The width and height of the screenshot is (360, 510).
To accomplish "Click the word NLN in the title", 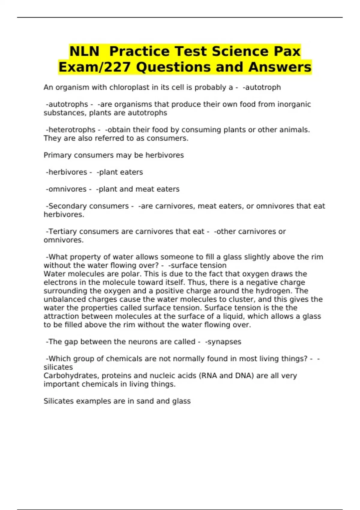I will tap(84, 51).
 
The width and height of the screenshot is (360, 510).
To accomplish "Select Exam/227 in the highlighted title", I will tap(94, 67).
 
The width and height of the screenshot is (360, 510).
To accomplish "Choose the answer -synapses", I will tap(223, 342).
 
